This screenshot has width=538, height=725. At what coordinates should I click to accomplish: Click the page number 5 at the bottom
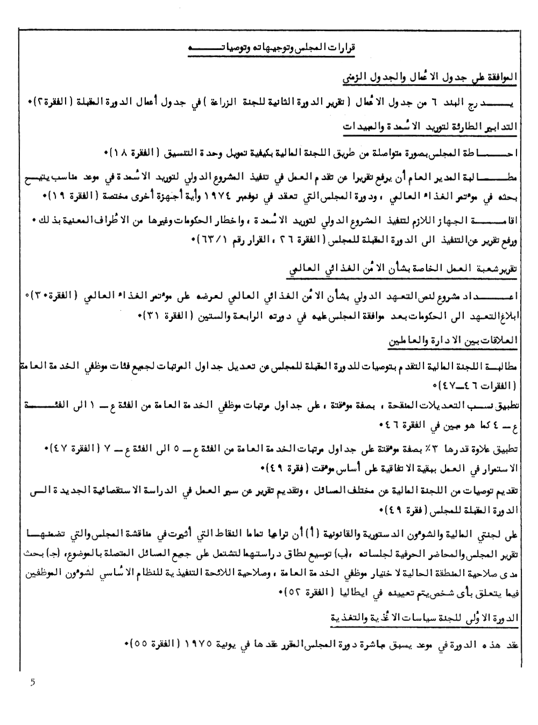pyautogui.click(x=32, y=683)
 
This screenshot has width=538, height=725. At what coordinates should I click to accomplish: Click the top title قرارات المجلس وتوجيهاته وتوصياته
pyautogui.click(x=274, y=48)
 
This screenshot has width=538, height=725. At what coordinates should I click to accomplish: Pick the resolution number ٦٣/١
pyautogui.click(x=204, y=243)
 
